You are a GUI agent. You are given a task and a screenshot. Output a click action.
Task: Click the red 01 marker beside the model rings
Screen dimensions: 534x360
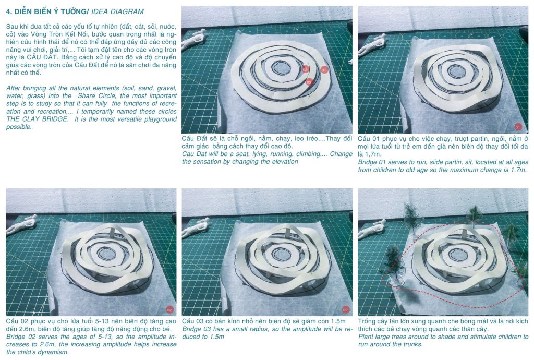(324, 70)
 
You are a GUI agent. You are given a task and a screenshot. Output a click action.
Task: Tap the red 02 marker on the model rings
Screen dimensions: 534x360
(309, 82)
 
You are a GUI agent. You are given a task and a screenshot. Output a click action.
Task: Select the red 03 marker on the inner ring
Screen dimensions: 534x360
(305, 69)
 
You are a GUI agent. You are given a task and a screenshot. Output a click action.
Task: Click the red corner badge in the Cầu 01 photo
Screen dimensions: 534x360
(518, 127)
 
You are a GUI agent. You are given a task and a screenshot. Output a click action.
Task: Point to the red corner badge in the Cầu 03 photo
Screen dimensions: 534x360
(345, 309)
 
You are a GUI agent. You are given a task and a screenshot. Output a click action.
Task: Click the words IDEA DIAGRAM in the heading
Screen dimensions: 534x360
(117, 11)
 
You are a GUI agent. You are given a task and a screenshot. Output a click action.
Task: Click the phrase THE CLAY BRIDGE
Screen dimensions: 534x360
(37, 119)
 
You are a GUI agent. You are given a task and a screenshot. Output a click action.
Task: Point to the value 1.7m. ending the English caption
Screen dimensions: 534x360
(519, 170)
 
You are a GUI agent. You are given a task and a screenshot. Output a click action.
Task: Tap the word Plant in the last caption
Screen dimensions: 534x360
(366, 337)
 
